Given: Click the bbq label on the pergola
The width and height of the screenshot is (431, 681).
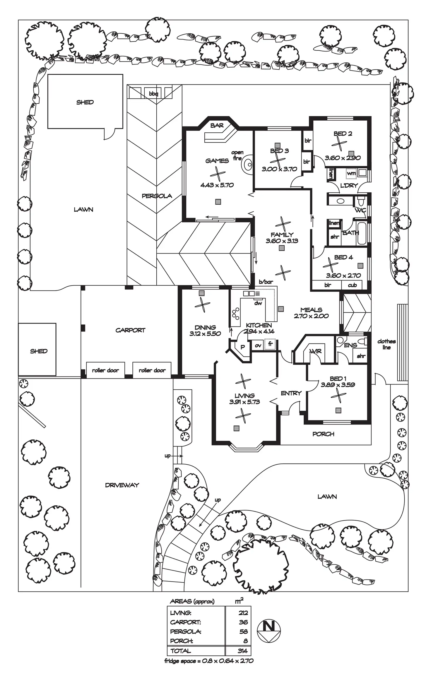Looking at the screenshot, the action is coord(153,94).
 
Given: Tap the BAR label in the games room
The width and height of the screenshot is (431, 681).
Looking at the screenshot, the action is coord(217,126).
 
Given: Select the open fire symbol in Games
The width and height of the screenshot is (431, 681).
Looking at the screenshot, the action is coord(247,165).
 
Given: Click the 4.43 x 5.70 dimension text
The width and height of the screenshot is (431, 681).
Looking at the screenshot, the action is coord(217,185).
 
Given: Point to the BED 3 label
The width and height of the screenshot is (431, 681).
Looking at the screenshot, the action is coord(279,151).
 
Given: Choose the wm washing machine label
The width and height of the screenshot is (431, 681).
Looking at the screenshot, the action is coord(351,173).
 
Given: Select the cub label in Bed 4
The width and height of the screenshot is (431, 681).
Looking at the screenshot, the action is coord(352,285).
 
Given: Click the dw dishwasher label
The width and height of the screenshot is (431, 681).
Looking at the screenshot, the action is coord(258,303).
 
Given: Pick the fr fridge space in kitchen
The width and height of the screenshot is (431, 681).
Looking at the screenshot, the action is coord(270,344).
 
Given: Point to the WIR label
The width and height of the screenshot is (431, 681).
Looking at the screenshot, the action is coord(315,351).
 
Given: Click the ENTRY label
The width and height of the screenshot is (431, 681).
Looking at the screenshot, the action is coord(291,393).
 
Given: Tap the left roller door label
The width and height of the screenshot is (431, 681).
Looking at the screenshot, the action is coord(105,370).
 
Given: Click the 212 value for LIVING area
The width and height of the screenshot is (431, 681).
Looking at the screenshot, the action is coord(243,613).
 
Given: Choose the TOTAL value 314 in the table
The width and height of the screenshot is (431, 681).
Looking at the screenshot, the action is coord(243,651).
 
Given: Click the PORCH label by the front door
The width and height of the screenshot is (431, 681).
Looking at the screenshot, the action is coord(323,434).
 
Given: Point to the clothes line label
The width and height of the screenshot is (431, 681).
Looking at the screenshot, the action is coord(386,344).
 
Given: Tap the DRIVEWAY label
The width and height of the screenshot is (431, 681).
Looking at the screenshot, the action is coord(122,485).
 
